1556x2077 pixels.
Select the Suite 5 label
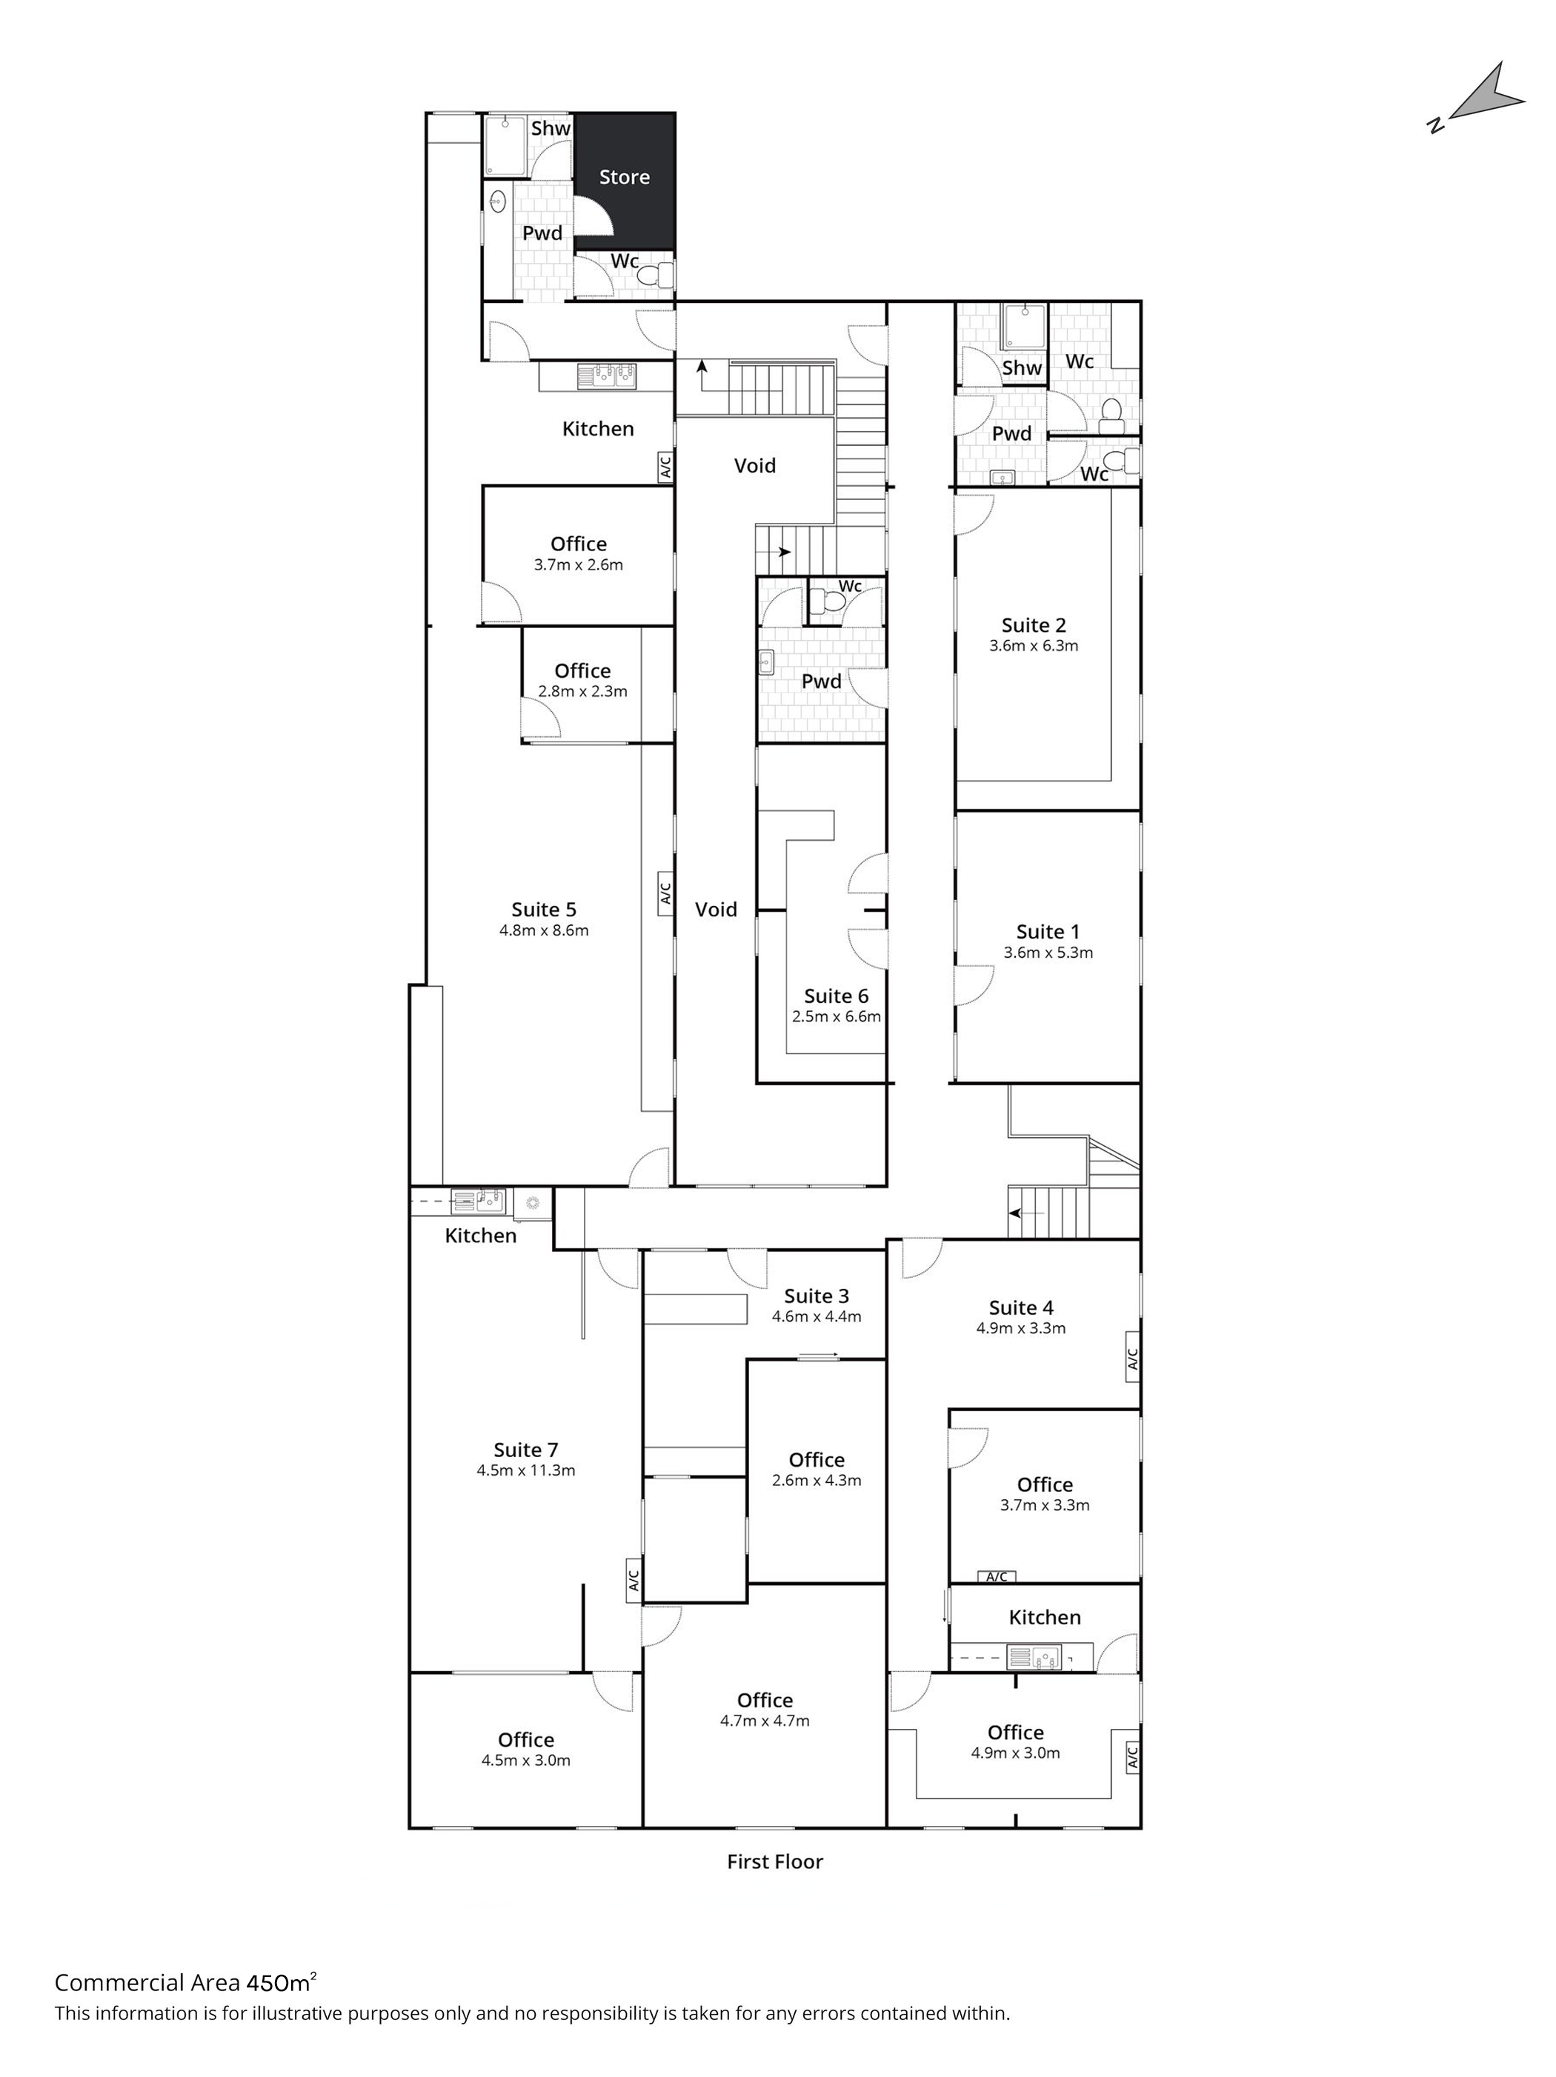tap(544, 909)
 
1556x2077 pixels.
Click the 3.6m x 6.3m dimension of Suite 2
tap(1033, 646)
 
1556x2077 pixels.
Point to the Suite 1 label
tap(1047, 931)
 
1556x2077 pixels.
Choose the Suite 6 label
tap(836, 996)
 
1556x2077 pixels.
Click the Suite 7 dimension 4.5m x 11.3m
tap(526, 1470)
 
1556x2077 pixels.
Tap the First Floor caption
tap(775, 1861)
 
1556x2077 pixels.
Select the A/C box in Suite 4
tap(1131, 1358)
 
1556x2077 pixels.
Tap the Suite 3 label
tap(816, 1297)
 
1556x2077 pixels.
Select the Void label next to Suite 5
tap(716, 909)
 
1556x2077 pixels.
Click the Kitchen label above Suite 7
tap(481, 1236)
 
